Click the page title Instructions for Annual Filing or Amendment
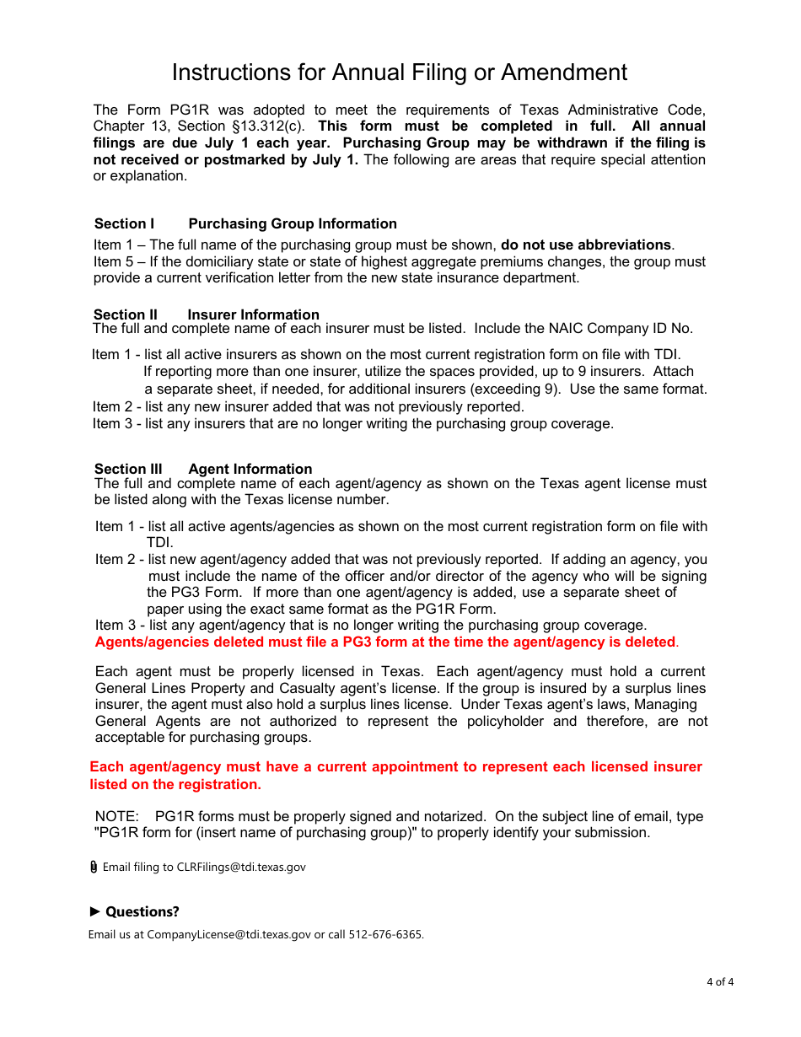pyautogui.click(x=399, y=73)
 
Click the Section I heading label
pyautogui.click(x=124, y=223)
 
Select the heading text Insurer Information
pyautogui.click(x=253, y=314)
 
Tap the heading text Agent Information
pyautogui.click(x=250, y=469)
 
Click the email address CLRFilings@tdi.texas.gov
pyautogui.click(x=240, y=867)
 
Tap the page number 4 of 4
pyautogui.click(x=719, y=981)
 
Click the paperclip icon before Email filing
pyautogui.click(x=94, y=867)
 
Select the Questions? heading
pyautogui.click(x=142, y=911)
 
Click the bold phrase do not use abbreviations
pyautogui.click(x=586, y=245)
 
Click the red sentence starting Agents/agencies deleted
pyautogui.click(x=385, y=642)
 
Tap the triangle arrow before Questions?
pyautogui.click(x=95, y=911)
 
